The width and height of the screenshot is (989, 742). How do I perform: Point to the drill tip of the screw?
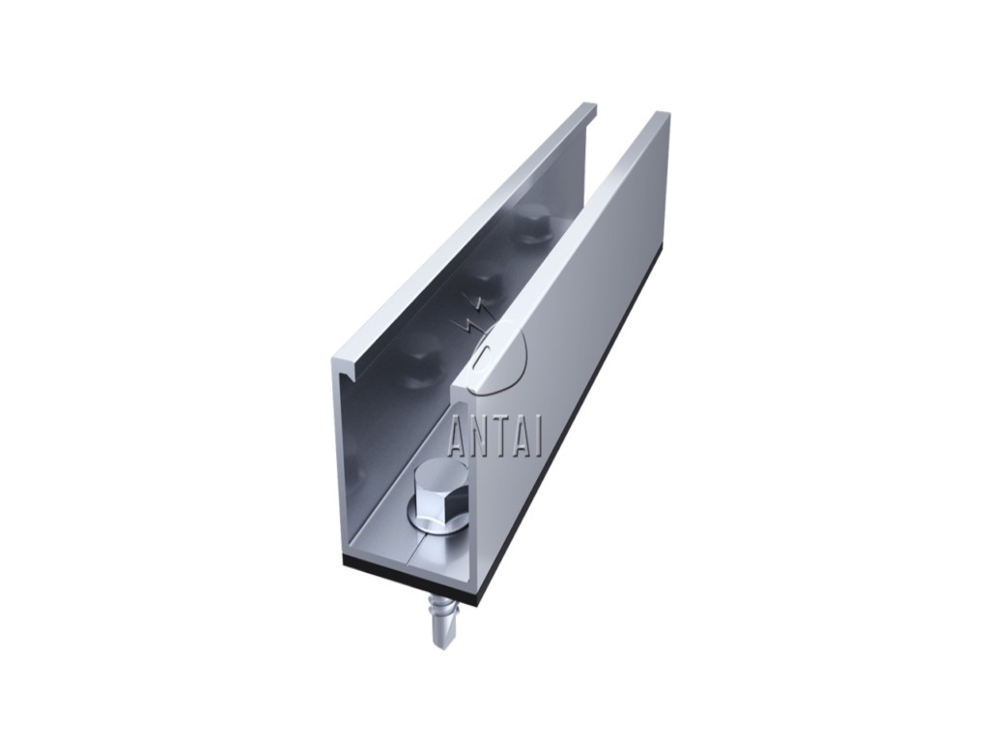coord(439,642)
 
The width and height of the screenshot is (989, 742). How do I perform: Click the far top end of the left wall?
coord(589,107)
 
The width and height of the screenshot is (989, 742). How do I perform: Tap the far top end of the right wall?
coord(661,117)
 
